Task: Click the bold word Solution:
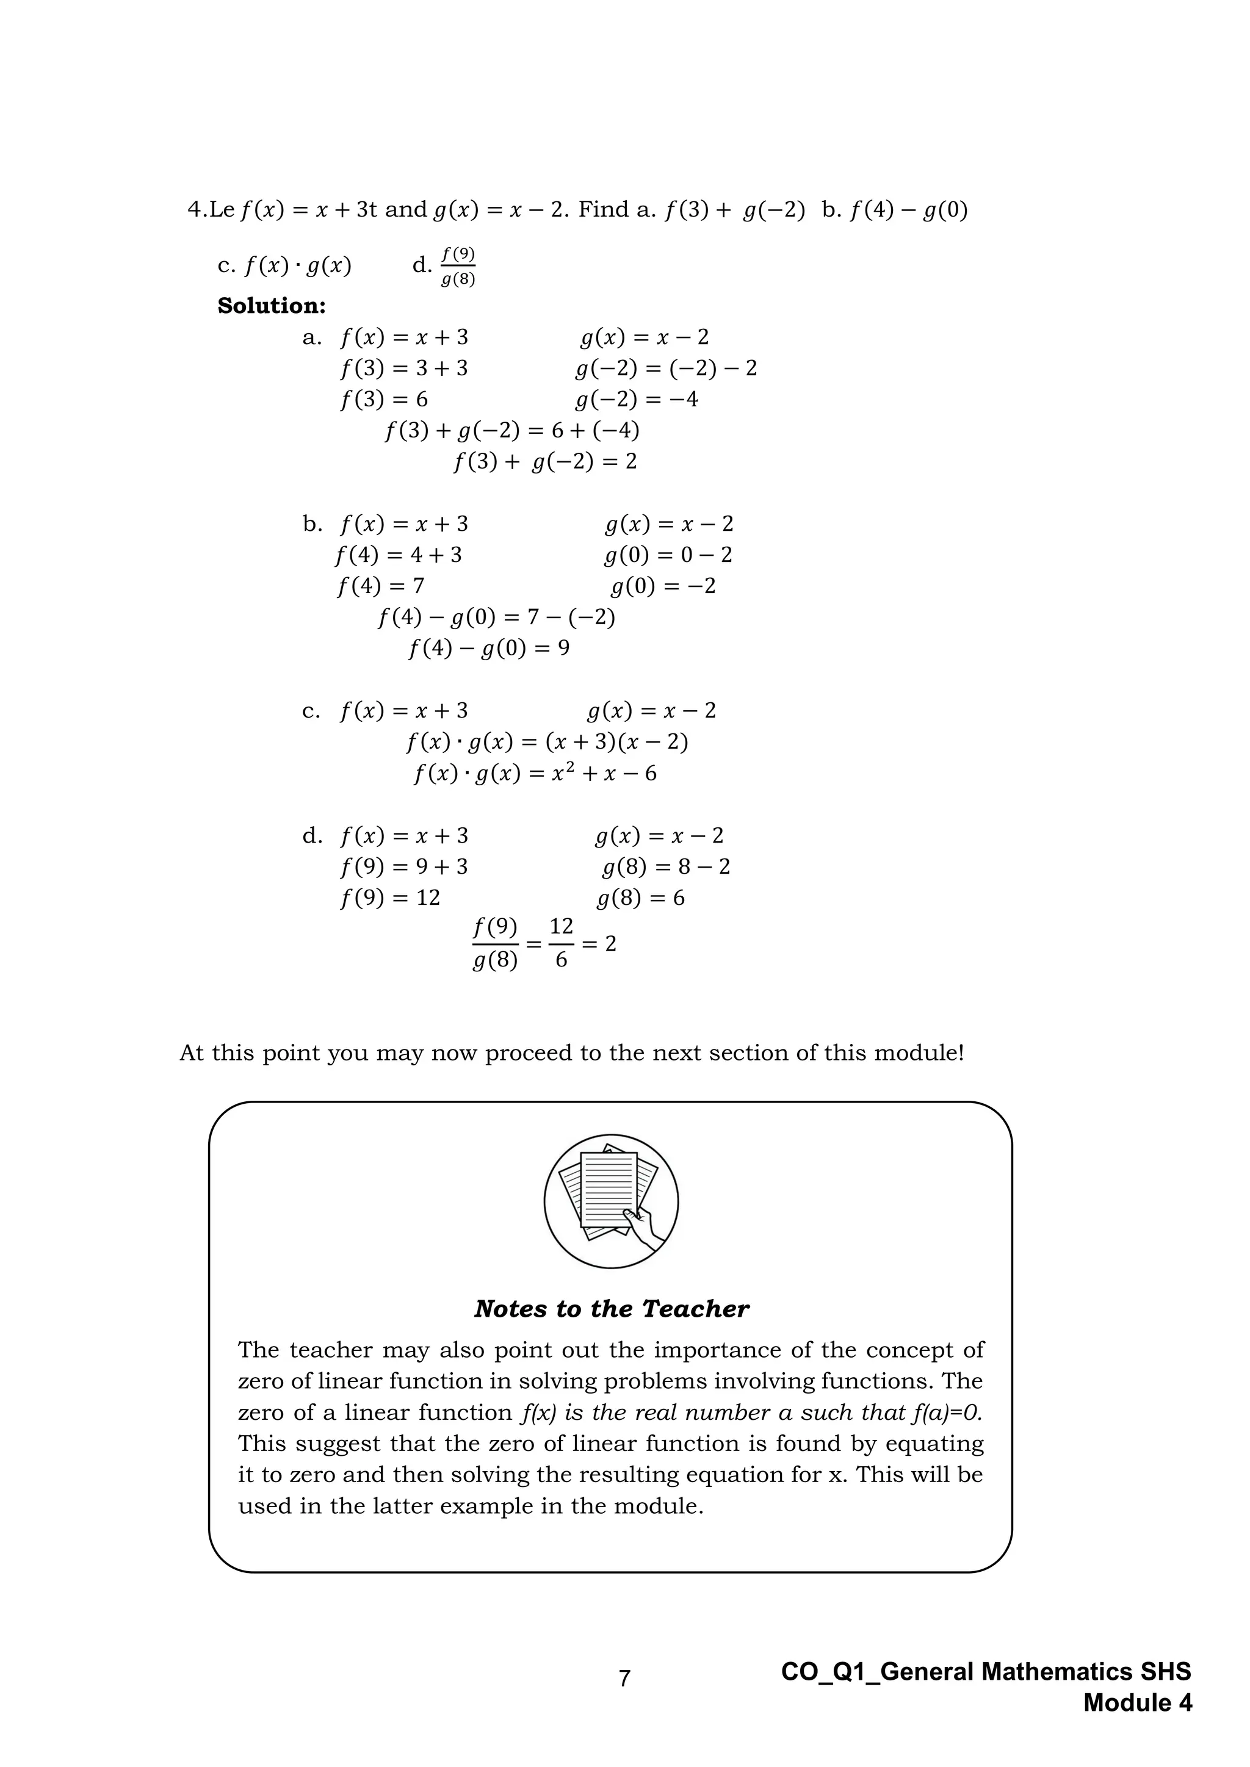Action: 272,306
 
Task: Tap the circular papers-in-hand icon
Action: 611,1201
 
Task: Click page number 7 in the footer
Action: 624,1678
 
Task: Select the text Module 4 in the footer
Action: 1138,1703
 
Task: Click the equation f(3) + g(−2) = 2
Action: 545,462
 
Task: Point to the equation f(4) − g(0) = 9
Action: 489,649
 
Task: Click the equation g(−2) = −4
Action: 637,400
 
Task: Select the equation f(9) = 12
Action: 389,898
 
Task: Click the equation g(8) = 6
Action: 640,898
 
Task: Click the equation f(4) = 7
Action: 380,586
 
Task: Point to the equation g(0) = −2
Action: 663,586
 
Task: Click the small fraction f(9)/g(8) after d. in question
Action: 458,266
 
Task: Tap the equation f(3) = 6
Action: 383,400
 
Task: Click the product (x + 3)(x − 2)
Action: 616,742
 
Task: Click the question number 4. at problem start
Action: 197,209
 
